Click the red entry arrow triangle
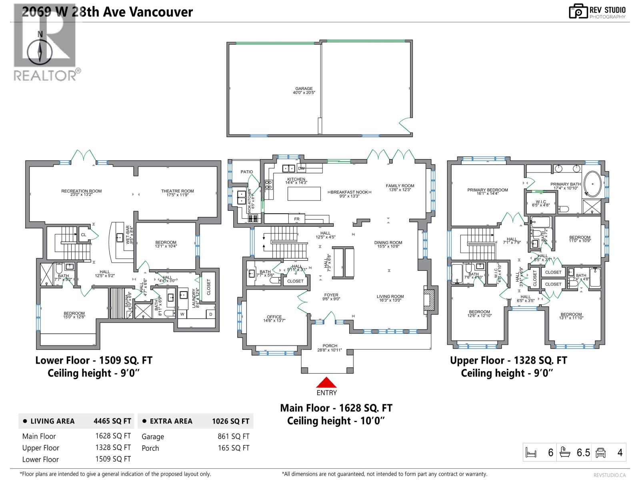[326, 382]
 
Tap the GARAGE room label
[304, 89]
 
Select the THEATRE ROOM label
[177, 191]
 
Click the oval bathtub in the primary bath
[592, 183]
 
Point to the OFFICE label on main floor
[274, 317]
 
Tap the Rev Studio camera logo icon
[578, 12]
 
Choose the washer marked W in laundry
[182, 314]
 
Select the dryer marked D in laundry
[210, 314]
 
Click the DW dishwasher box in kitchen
[301, 168]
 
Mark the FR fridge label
[297, 219]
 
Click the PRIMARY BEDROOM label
[487, 190]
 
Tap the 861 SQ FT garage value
[233, 436]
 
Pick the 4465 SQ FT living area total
[112, 421]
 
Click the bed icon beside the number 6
[531, 453]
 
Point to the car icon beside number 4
[601, 453]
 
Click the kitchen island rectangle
[304, 193]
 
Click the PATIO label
[247, 172]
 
